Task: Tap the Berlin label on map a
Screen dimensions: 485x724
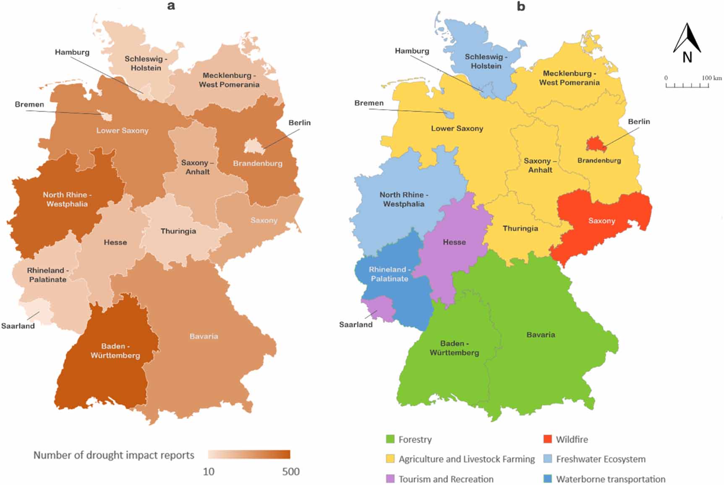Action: pyautogui.click(x=299, y=123)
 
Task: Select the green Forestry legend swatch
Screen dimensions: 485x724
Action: pyautogui.click(x=390, y=439)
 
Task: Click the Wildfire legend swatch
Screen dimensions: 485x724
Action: pyautogui.click(x=547, y=439)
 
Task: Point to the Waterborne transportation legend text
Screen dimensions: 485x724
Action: pyautogui.click(x=610, y=479)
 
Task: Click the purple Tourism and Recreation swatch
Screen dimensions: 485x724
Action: pyautogui.click(x=390, y=479)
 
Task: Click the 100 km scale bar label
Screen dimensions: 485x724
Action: pyautogui.click(x=711, y=78)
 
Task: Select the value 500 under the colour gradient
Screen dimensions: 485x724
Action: pyautogui.click(x=290, y=472)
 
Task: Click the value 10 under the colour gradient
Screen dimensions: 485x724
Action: pyautogui.click(x=209, y=472)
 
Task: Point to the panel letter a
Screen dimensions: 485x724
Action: pyautogui.click(x=171, y=6)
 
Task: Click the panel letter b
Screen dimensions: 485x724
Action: pyautogui.click(x=521, y=6)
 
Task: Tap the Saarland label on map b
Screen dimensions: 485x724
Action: pyautogui.click(x=355, y=324)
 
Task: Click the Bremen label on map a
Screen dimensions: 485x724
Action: pyautogui.click(x=29, y=104)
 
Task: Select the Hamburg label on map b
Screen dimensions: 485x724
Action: pyautogui.click(x=412, y=51)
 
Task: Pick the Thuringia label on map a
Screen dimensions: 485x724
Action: pyautogui.click(x=178, y=231)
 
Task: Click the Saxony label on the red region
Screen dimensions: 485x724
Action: pyautogui.click(x=601, y=221)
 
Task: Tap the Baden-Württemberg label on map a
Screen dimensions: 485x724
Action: pyautogui.click(x=115, y=351)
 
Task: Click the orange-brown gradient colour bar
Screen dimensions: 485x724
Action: pyautogui.click(x=249, y=455)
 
